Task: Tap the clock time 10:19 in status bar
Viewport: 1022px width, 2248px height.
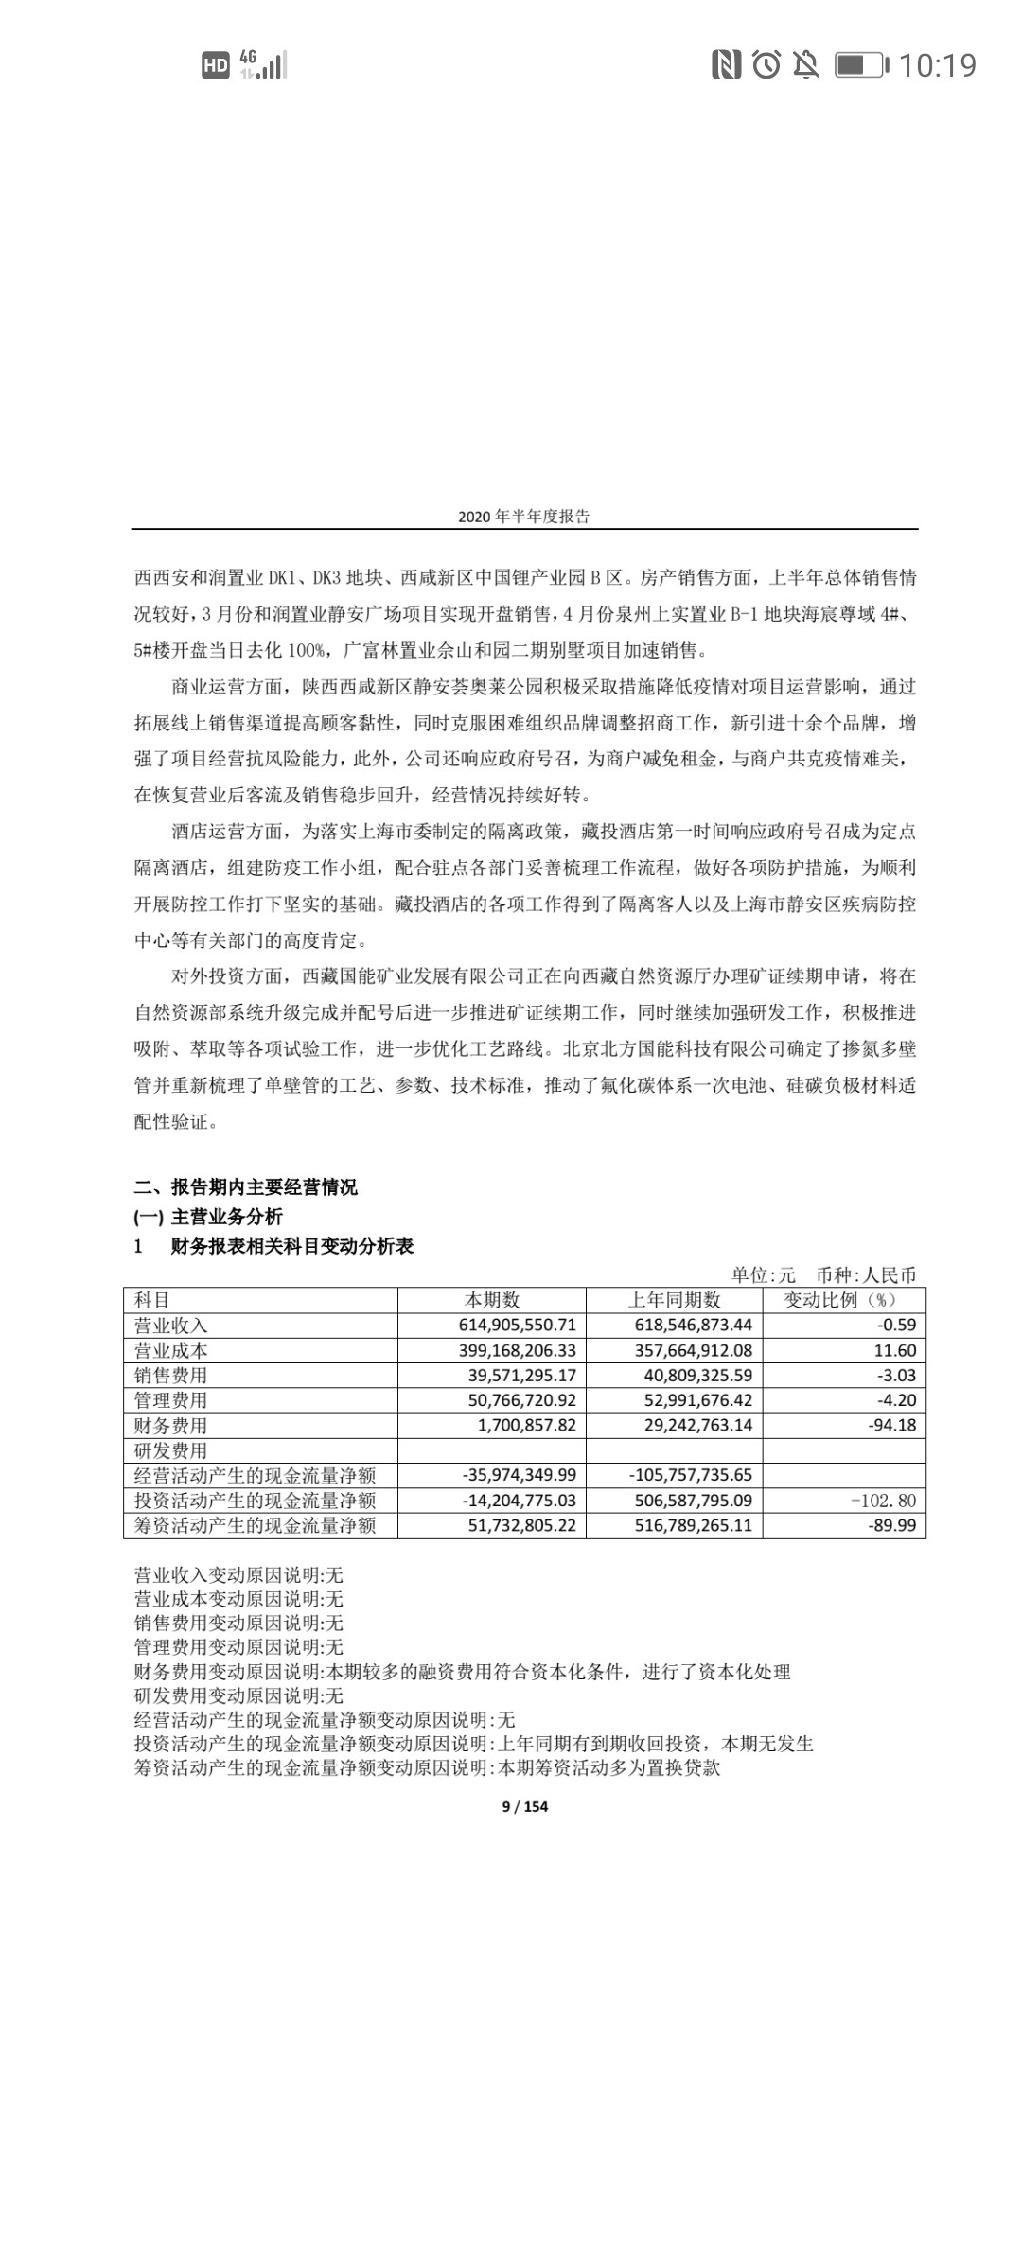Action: tap(937, 65)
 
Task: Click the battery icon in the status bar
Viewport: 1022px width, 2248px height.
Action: tap(860, 65)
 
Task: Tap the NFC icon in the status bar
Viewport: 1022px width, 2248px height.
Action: tap(726, 64)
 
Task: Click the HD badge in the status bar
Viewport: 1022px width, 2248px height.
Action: tap(216, 65)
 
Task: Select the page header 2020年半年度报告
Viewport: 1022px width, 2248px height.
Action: tap(523, 517)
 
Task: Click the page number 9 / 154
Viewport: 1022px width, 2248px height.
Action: tap(524, 1806)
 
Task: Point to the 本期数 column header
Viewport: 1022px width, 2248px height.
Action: tap(492, 1300)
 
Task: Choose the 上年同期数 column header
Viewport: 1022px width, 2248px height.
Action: tap(674, 1300)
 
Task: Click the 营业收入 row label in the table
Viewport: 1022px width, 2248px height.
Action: tap(171, 1326)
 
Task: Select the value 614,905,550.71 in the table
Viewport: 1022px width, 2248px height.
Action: tap(517, 1326)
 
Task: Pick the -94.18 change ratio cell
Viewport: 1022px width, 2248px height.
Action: tap(891, 1425)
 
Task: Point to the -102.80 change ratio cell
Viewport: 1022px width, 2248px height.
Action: tap(884, 1500)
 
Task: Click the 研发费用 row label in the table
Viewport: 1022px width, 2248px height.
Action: tap(171, 1450)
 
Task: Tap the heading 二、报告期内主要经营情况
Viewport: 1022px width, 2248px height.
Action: tap(246, 1187)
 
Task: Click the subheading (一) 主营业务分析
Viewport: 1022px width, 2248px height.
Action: tap(208, 1217)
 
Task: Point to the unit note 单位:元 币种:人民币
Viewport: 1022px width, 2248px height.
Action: tap(823, 1275)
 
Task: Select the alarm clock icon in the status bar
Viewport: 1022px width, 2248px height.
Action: tap(766, 64)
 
